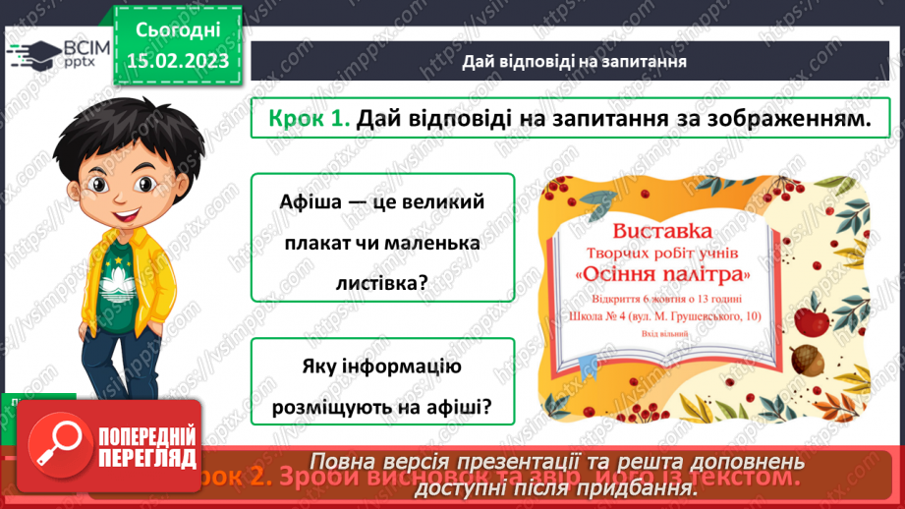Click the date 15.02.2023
point(178,61)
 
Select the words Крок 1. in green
point(309,120)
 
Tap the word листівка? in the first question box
point(383,282)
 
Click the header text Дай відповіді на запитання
point(574,61)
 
